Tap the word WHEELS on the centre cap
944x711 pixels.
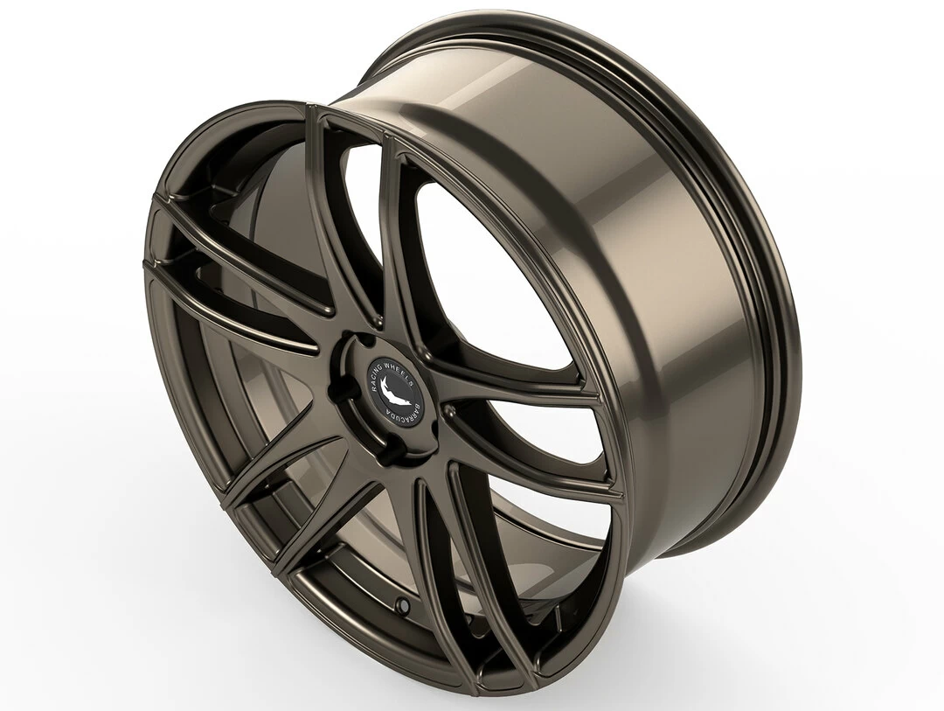[402, 360]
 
